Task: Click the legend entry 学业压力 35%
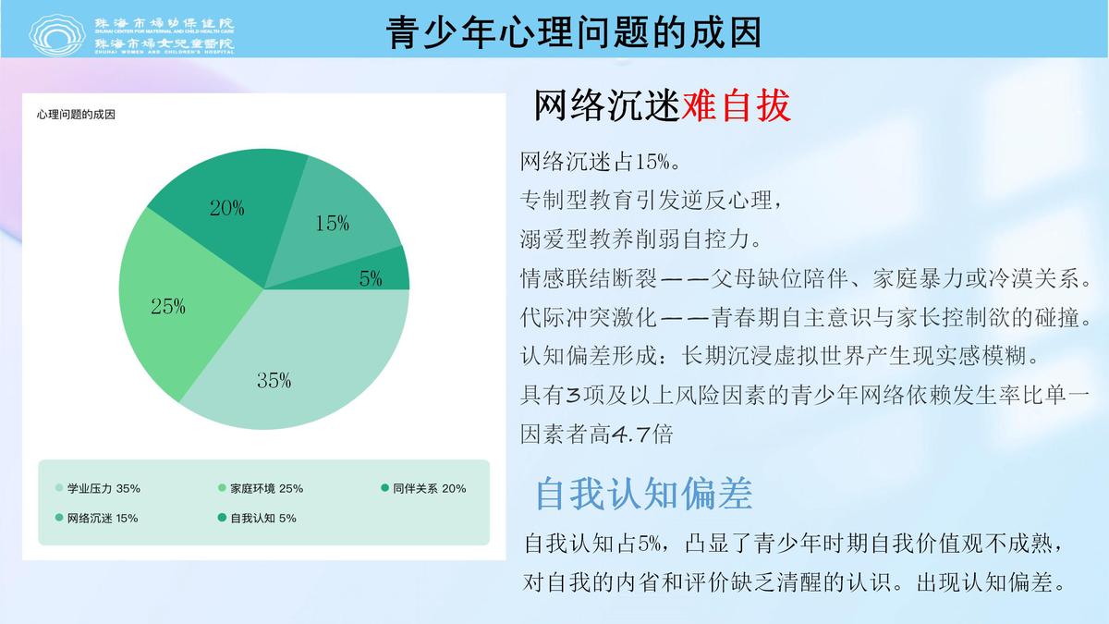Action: [x=98, y=488]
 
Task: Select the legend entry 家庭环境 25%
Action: [x=261, y=488]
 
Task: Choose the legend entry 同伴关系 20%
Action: [x=423, y=488]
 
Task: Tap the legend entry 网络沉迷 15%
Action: [x=96, y=518]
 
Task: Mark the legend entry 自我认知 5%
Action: [x=257, y=518]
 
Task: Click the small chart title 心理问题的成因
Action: [x=76, y=115]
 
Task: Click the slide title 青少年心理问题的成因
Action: [x=573, y=32]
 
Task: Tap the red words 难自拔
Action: [x=737, y=105]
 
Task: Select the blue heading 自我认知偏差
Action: [x=643, y=494]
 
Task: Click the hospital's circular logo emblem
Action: [x=57, y=35]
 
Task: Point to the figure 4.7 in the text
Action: [x=630, y=434]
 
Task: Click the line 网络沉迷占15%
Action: [x=600, y=162]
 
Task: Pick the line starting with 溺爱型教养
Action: [x=640, y=239]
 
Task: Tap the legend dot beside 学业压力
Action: [x=59, y=488]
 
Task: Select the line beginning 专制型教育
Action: [x=651, y=201]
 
